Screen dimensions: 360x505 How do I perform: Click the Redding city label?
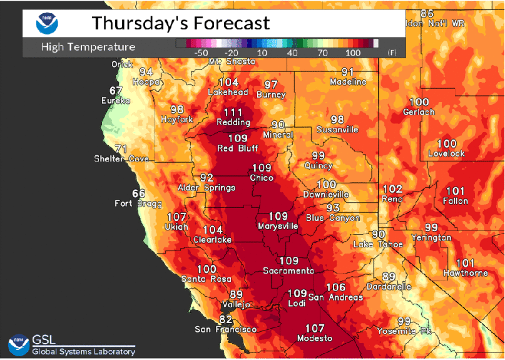pyautogui.click(x=233, y=122)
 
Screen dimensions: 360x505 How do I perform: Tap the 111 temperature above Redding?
pyautogui.click(x=233, y=112)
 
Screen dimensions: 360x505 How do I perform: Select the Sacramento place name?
pyautogui.click(x=288, y=270)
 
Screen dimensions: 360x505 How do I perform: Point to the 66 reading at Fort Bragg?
pyautogui.click(x=139, y=193)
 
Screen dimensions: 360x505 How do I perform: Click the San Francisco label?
pyautogui.click(x=225, y=329)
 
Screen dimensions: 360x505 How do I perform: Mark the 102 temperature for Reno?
pyautogui.click(x=392, y=188)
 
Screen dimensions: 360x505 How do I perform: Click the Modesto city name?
pyautogui.click(x=315, y=338)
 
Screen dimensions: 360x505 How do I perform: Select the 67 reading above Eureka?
pyautogui.click(x=116, y=90)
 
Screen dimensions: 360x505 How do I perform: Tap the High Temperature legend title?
pyautogui.click(x=88, y=47)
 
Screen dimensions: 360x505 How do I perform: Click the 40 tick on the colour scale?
pyautogui.click(x=292, y=53)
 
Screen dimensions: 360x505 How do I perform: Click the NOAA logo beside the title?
pyautogui.click(x=47, y=23)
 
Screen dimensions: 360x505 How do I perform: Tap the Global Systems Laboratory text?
pyautogui.click(x=83, y=352)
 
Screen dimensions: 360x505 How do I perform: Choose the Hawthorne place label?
pyautogui.click(x=465, y=273)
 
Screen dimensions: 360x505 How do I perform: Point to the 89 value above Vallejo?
pyautogui.click(x=236, y=294)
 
